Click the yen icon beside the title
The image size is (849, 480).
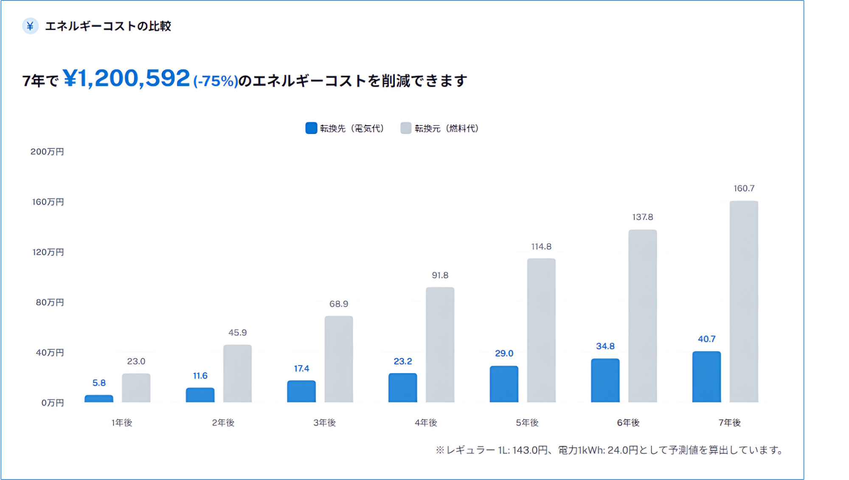(30, 26)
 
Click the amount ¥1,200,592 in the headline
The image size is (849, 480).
(127, 78)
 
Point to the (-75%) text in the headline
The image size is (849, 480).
(216, 81)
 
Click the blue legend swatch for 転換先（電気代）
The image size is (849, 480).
(311, 128)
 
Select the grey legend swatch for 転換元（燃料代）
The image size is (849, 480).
(406, 128)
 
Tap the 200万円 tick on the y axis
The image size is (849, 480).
(47, 152)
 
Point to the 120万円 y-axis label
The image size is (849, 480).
(48, 252)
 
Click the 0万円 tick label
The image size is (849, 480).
(53, 403)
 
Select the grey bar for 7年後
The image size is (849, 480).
(744, 301)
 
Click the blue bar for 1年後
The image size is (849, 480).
(99, 399)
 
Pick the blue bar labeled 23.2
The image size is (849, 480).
(402, 388)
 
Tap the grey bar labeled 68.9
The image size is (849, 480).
(339, 359)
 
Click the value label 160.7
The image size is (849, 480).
(744, 188)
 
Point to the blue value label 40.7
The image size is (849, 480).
(706, 339)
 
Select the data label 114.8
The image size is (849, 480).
(541, 247)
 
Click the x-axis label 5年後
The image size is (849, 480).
(527, 423)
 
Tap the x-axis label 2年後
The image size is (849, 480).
(223, 423)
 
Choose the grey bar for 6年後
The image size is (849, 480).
(642, 316)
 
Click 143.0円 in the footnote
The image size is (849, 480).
(530, 450)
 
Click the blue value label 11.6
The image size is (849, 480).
(200, 376)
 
